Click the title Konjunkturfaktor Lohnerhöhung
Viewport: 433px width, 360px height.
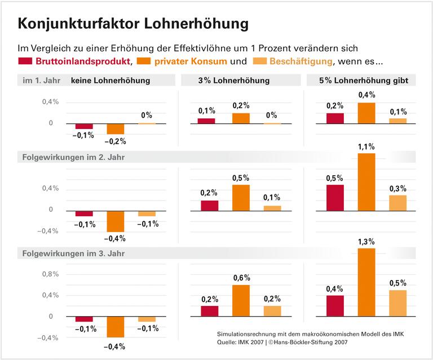coord(133,23)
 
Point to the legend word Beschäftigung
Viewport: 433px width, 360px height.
coord(302,61)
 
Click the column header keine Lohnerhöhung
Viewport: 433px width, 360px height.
coord(110,81)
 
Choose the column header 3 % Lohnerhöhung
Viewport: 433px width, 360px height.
coord(237,81)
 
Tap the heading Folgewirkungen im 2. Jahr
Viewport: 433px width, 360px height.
coord(73,157)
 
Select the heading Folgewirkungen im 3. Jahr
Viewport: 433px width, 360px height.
coord(73,254)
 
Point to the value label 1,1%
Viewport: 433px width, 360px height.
coord(366,147)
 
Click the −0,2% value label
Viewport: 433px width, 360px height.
coord(116,141)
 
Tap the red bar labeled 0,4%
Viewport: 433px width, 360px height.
coord(334,305)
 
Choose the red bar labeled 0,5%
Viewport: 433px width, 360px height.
coord(334,197)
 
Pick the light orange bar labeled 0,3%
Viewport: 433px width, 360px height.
coord(398,202)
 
